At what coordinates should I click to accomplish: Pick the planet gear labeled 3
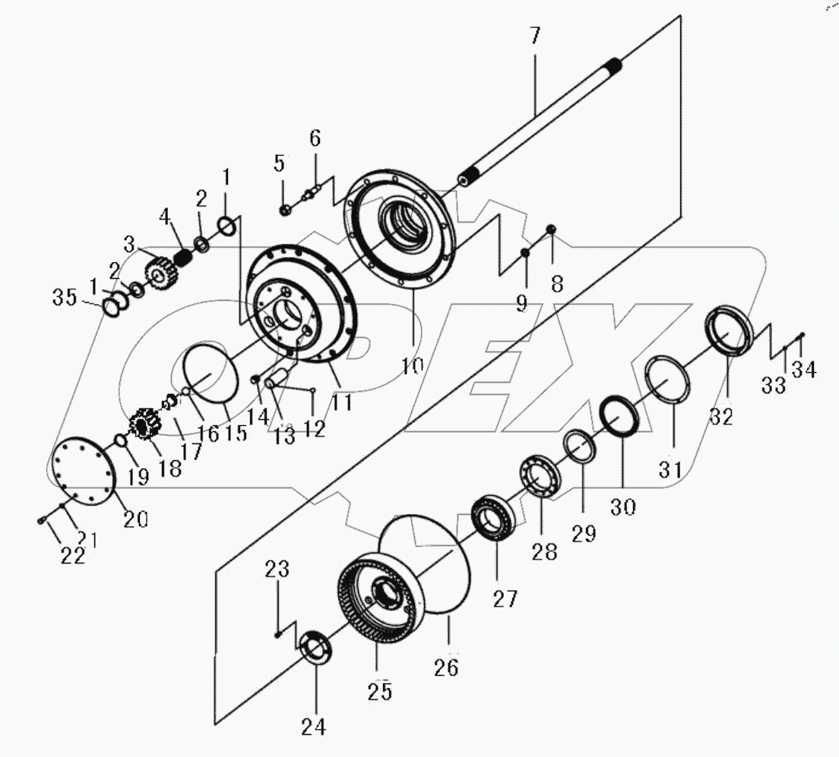pos(159,271)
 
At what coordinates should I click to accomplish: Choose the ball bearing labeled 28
pos(540,476)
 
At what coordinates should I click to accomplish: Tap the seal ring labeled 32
pos(730,330)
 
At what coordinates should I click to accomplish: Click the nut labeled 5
pos(283,210)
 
